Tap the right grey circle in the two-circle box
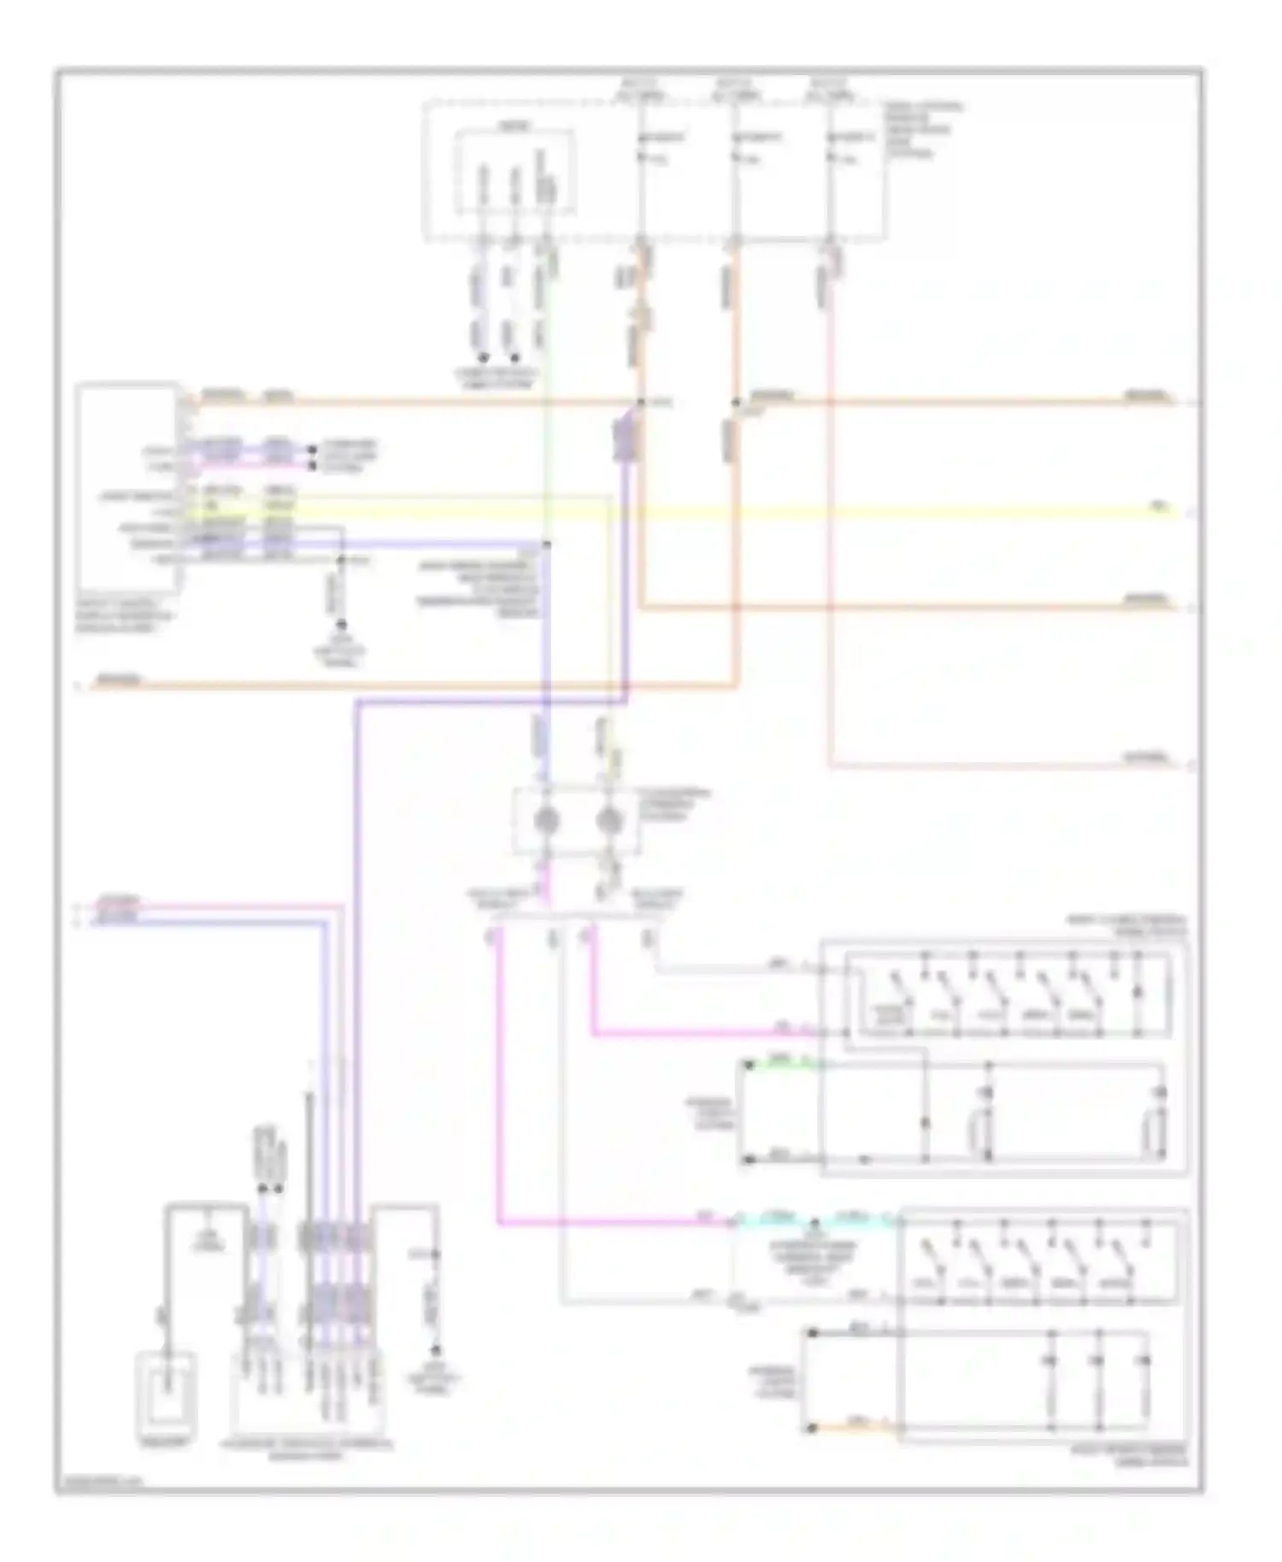tap(609, 820)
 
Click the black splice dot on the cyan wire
tap(814, 1223)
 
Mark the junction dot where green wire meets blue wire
tap(547, 543)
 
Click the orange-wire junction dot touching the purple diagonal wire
tap(639, 402)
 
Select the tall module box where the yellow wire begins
tap(128, 487)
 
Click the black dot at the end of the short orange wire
tap(812, 1428)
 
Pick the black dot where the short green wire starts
tap(747, 1066)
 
